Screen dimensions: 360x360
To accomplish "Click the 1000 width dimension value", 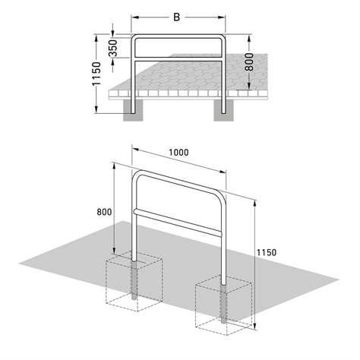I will [x=179, y=152].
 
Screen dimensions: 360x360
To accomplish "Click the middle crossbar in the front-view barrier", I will [x=179, y=58].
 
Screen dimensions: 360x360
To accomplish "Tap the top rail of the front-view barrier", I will [x=179, y=35].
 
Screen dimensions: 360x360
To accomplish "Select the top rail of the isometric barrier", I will [x=179, y=182].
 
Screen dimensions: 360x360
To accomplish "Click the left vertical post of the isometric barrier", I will [x=134, y=228].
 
